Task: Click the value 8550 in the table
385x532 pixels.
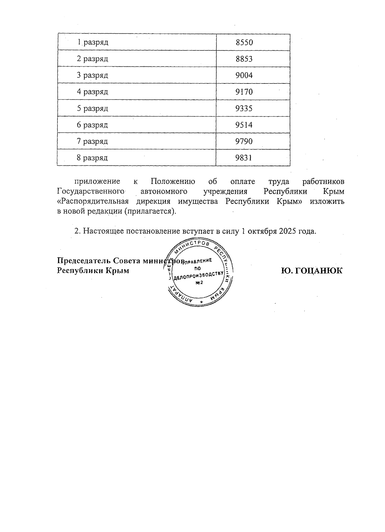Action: (x=244, y=42)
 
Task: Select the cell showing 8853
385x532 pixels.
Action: (x=244, y=59)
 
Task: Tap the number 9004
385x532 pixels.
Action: (x=244, y=75)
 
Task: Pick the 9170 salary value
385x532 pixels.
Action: (x=244, y=92)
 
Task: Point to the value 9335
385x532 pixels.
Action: (x=244, y=108)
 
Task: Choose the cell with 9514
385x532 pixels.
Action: (x=244, y=125)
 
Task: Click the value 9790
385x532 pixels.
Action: (x=244, y=141)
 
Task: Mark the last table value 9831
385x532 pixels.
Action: (x=244, y=158)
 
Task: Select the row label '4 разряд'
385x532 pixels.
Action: (x=92, y=92)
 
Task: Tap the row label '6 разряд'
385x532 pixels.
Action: (x=92, y=125)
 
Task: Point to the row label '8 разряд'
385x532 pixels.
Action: (x=92, y=158)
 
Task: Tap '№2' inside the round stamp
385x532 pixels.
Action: (x=199, y=282)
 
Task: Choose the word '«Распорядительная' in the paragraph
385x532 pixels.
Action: (x=93, y=202)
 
